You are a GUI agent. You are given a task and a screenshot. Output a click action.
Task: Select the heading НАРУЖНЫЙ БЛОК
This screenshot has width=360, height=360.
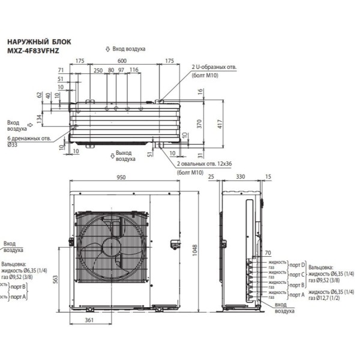(x=38, y=42)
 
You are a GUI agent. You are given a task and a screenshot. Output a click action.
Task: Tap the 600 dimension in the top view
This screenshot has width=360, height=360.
(x=122, y=61)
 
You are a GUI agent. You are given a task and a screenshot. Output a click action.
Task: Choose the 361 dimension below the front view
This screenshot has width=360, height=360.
(x=89, y=322)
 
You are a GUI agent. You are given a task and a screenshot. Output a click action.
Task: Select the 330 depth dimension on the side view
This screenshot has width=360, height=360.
(x=240, y=178)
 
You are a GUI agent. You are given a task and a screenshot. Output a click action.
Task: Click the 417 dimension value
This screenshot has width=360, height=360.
(x=220, y=124)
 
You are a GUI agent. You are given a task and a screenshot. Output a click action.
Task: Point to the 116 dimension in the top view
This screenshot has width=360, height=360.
(x=133, y=70)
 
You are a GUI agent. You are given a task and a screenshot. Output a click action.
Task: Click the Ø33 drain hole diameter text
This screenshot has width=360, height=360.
(x=12, y=145)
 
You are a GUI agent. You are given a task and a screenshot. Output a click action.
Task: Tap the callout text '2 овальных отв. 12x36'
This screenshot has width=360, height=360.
(x=203, y=163)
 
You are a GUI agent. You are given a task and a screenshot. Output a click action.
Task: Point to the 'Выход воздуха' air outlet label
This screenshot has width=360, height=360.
(x=125, y=156)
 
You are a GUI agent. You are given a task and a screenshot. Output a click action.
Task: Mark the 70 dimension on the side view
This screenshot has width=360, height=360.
(x=267, y=254)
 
